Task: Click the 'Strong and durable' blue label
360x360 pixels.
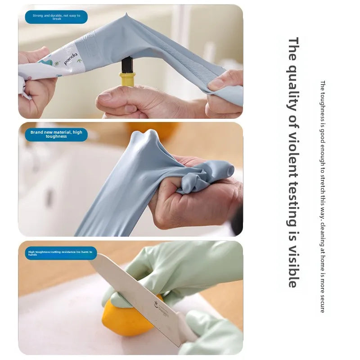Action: pos(56,18)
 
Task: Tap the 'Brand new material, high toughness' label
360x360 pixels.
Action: pos(56,134)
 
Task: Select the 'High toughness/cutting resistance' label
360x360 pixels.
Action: pos(60,253)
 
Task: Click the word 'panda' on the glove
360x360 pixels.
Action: pos(71,59)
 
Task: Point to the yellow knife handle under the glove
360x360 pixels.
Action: pos(127,79)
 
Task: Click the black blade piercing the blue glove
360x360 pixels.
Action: pos(127,64)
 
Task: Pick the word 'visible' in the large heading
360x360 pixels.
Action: pos(293,265)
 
